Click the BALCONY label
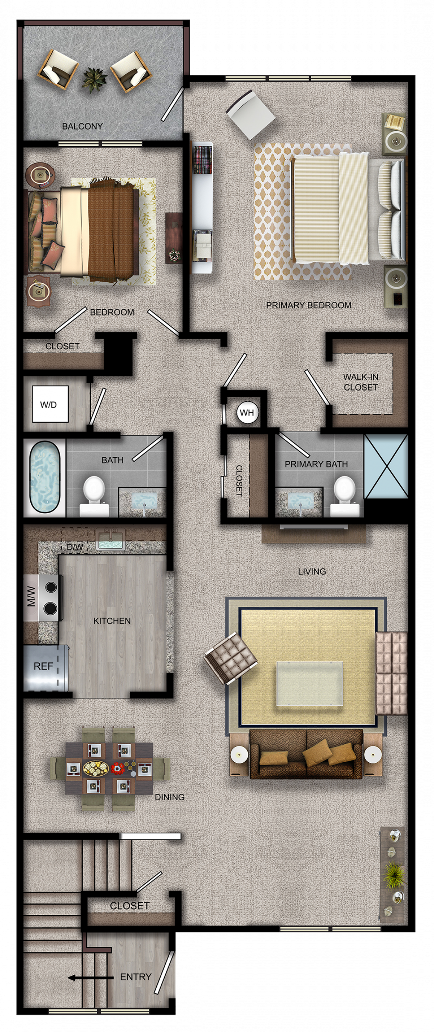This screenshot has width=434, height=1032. coord(82,126)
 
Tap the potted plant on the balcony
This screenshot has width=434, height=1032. coord(94,79)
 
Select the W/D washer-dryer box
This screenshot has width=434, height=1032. coord(50,404)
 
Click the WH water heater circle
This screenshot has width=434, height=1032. coord(247,412)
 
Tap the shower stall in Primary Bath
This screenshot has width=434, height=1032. coord(385,466)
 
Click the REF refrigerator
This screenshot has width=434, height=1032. coord(45,667)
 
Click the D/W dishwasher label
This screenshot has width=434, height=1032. coord(75,547)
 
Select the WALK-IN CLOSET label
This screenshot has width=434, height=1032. coord(361,382)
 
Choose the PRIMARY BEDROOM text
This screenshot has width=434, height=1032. coord(309,305)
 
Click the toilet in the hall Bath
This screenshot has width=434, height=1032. coord(94,496)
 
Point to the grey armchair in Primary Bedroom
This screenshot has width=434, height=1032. coord(250,115)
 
